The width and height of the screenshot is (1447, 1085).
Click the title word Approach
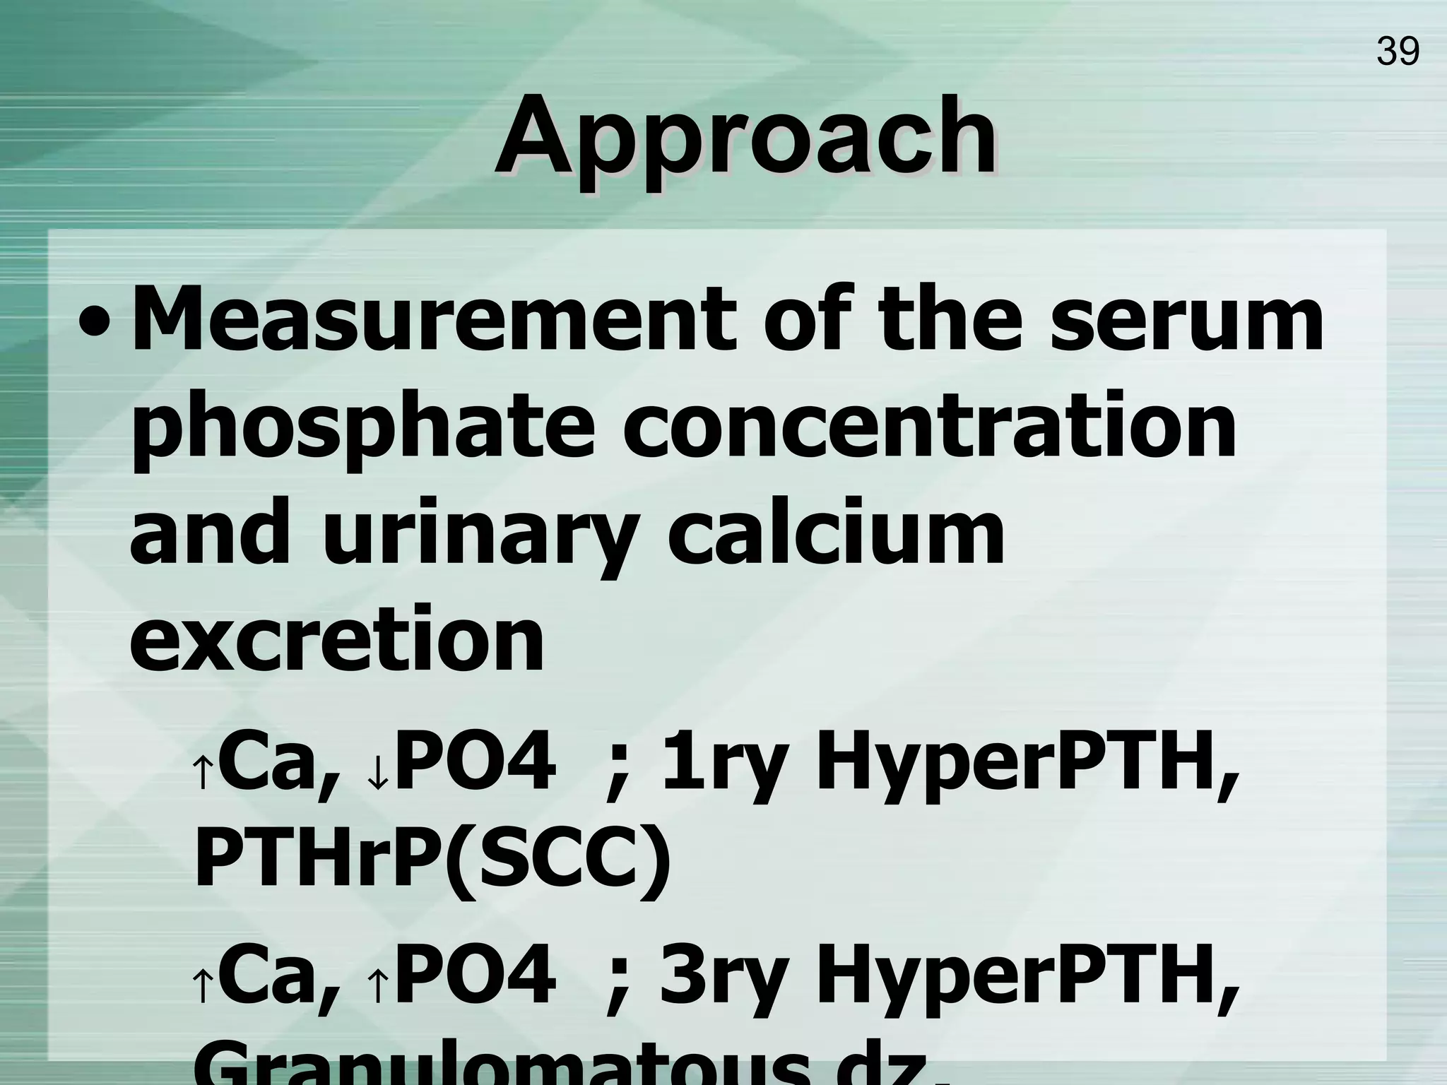pyautogui.click(x=745, y=136)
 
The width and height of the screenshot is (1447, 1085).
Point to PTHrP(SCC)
pyautogui.click(x=432, y=863)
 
